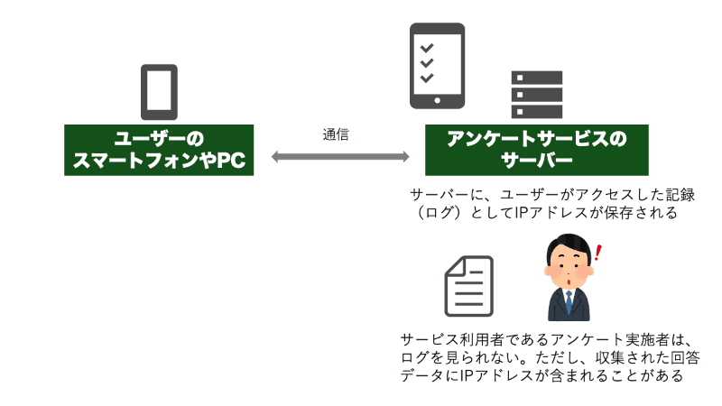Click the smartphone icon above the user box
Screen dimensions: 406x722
click(158, 90)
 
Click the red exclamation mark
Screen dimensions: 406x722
click(599, 254)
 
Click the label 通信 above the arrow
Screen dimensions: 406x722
click(336, 134)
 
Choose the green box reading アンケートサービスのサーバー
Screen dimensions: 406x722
click(536, 150)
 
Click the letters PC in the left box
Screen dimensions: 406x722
click(229, 161)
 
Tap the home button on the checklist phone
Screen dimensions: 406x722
click(437, 98)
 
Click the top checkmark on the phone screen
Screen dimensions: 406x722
click(428, 47)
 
